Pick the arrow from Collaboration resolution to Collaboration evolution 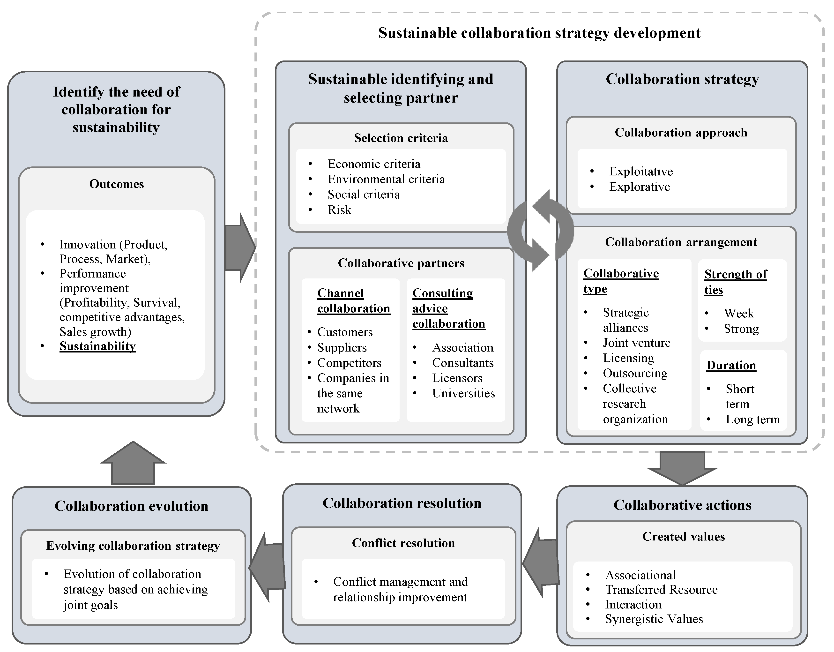pos(267,568)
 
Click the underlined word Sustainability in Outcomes pos(97,346)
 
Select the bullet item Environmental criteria pos(386,179)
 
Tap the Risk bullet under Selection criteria pos(339,210)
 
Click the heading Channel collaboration pos(353,301)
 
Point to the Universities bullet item pos(463,393)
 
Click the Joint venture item pos(636,343)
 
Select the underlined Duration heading pos(731,365)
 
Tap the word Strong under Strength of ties pos(741,329)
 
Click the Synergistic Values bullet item pos(654,619)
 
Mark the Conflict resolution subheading pos(403,543)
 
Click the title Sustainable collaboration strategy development pos(539,33)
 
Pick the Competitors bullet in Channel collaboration pos(349,362)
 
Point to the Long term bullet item pos(752,420)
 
